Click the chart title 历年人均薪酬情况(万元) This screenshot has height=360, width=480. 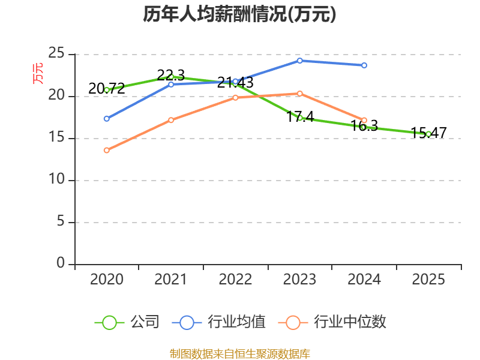point(239,14)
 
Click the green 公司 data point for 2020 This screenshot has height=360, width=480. point(107,89)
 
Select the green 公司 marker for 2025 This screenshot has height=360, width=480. point(428,134)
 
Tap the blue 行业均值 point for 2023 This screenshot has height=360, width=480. point(299,61)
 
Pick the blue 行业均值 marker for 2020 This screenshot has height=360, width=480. point(107,118)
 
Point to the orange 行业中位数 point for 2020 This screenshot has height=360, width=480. point(107,150)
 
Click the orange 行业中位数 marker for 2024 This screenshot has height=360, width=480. point(364,120)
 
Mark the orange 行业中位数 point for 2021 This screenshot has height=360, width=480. point(171,120)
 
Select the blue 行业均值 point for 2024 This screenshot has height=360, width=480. point(364,65)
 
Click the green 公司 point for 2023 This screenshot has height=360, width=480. point(299,118)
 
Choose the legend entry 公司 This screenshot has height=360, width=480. point(127,322)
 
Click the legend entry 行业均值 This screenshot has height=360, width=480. point(219,322)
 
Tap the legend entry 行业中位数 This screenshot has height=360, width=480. point(333,322)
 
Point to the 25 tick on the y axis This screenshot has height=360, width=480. point(56,53)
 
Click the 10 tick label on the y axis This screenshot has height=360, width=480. point(56,179)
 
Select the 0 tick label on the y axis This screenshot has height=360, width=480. point(61,263)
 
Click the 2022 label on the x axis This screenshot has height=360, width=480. point(235,280)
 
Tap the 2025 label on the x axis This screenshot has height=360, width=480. point(428,280)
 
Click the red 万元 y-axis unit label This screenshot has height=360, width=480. point(38,73)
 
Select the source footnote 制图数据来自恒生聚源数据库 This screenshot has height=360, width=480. point(239,353)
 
